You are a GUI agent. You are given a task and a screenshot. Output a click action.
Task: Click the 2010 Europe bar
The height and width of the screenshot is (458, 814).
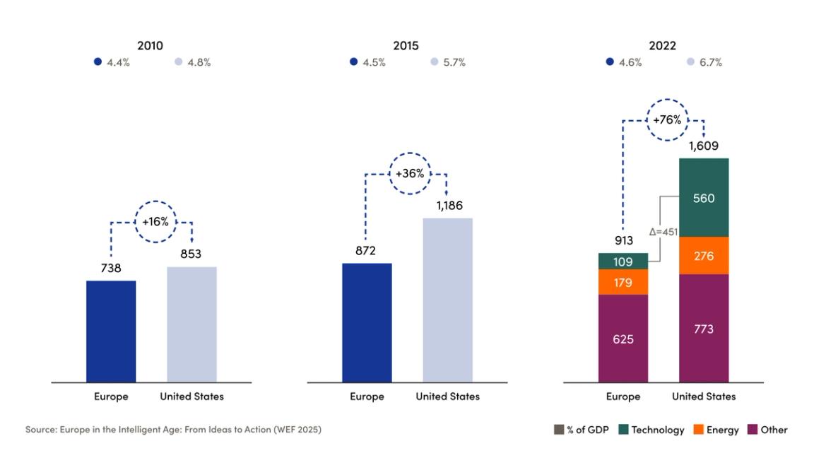point(111,331)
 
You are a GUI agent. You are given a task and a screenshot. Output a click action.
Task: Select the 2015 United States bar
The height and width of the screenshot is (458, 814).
point(447,300)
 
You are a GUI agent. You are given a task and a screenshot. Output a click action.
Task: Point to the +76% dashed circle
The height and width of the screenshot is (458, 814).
point(667,120)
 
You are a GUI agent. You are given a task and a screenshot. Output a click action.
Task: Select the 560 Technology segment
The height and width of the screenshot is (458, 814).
point(703,197)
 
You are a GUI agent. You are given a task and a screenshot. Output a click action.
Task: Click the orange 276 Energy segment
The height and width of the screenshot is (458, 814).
point(703,255)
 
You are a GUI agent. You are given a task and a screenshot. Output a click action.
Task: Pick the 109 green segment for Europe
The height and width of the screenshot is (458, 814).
point(623,262)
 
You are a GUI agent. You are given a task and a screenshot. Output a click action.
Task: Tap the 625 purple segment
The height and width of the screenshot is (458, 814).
point(623,339)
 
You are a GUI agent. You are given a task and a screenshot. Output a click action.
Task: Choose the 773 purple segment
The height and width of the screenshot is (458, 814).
point(703,329)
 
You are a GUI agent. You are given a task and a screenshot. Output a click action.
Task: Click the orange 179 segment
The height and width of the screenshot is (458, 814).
point(623,283)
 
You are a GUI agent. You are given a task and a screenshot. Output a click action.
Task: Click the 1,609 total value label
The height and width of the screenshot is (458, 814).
point(703,148)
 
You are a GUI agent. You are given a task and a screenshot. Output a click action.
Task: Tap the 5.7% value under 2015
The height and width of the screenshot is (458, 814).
point(454,62)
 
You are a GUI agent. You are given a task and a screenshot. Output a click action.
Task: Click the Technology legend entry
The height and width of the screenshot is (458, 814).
point(651,430)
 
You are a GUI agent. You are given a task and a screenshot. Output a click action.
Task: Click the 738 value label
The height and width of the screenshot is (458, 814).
point(111,269)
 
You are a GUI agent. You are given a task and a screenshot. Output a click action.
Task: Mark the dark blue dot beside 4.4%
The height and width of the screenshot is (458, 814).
point(98,62)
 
